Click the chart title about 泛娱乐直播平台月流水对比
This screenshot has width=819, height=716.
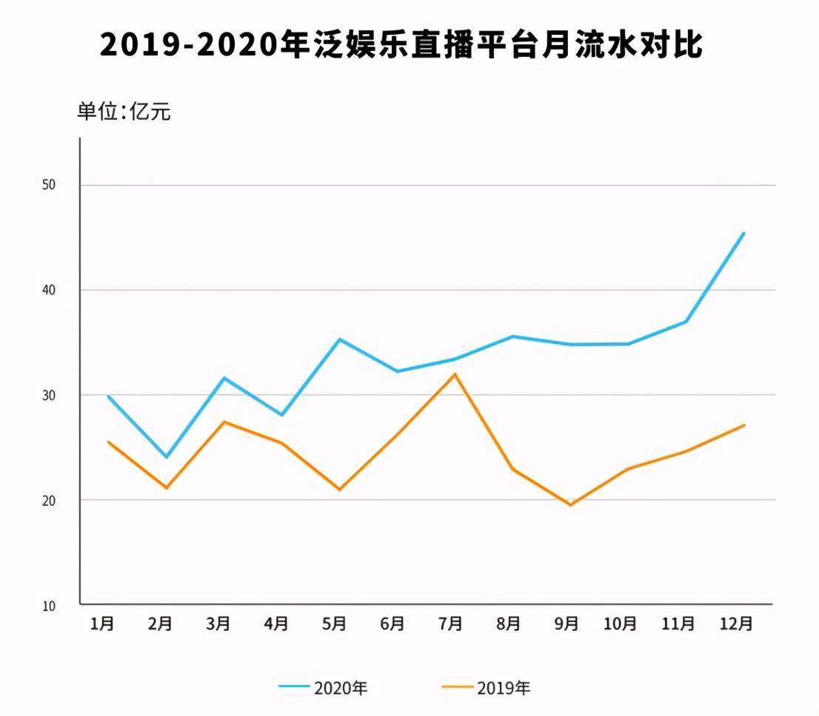(401, 46)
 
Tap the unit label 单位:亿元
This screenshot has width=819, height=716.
(124, 112)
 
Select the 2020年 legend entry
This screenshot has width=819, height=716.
(324, 687)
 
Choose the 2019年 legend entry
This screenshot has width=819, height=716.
(487, 687)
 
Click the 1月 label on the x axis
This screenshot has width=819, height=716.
(102, 624)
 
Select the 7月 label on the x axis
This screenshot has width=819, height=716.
(450, 624)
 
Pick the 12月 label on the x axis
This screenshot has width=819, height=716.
(737, 624)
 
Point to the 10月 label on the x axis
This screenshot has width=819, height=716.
(621, 624)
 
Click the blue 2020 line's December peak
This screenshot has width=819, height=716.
(743, 233)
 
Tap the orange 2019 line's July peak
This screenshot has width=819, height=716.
(455, 374)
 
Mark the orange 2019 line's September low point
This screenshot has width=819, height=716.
(570, 504)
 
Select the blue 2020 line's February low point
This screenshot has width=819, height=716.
(167, 457)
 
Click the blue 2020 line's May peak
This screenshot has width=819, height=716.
(339, 340)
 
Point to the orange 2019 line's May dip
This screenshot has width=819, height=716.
(339, 490)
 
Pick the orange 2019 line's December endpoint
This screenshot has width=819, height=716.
(743, 425)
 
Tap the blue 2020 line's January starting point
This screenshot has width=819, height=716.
(109, 396)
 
